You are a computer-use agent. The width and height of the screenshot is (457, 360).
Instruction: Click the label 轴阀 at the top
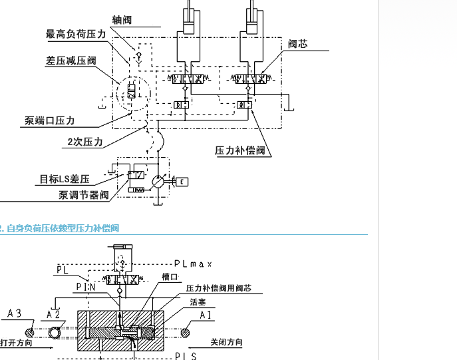click(122, 20)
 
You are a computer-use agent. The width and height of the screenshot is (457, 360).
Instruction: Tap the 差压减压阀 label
click(71, 61)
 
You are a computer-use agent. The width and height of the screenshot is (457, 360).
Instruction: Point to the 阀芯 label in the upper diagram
click(297, 44)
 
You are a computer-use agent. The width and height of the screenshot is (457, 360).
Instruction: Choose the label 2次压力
click(84, 142)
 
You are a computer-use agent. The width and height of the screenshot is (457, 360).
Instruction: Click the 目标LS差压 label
click(64, 179)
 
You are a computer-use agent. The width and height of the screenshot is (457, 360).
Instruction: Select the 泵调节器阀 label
click(83, 195)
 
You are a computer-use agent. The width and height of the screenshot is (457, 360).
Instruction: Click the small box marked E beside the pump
click(182, 181)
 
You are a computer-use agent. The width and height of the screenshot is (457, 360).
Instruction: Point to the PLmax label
click(192, 264)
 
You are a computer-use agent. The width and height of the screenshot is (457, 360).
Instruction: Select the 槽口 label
click(170, 277)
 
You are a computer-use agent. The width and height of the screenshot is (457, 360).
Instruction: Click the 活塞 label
click(198, 301)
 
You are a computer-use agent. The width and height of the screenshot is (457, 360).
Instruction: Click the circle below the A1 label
click(189, 329)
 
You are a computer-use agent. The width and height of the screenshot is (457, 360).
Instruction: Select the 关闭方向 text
click(226, 343)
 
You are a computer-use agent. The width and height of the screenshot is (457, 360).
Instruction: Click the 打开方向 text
click(16, 343)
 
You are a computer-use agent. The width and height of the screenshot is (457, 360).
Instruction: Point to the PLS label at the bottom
click(185, 356)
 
